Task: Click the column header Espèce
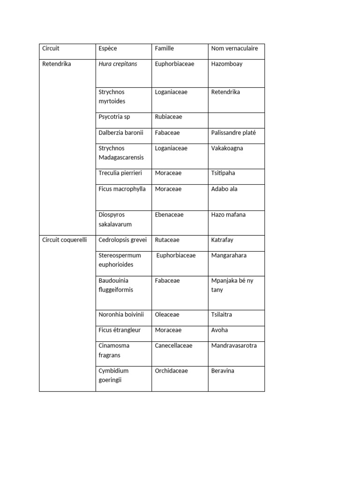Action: [x=108, y=48]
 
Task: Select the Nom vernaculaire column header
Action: [x=234, y=48]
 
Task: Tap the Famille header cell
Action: [x=164, y=48]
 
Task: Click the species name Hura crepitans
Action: [x=118, y=64]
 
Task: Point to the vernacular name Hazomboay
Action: [x=227, y=64]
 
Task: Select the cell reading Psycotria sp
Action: [x=114, y=117]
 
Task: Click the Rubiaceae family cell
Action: [x=168, y=117]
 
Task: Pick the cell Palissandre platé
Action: [x=233, y=133]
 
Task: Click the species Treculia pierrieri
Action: [x=120, y=173]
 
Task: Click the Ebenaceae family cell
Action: [x=169, y=215]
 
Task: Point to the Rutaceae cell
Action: [x=167, y=240]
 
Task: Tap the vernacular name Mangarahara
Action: [x=229, y=255]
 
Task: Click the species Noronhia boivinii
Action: [x=121, y=315]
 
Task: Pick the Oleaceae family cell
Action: [x=167, y=315]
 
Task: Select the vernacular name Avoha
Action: [x=219, y=330]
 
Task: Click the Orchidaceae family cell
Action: [x=171, y=371]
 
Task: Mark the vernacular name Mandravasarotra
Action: [x=234, y=345]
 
